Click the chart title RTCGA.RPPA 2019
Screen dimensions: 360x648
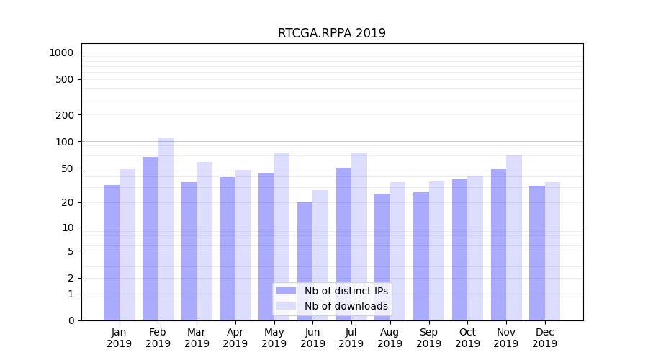point(331,33)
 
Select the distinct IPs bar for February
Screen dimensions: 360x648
point(150,238)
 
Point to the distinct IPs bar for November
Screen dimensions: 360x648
point(498,245)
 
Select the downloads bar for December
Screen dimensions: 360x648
point(552,251)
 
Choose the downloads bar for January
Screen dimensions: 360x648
point(127,245)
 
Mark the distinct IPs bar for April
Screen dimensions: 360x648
point(228,248)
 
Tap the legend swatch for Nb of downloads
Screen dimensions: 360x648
point(286,306)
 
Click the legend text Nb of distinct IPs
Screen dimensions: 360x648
point(346,291)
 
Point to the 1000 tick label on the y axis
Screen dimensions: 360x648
point(61,53)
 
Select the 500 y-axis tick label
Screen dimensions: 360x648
point(65,79)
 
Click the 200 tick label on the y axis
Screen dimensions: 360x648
point(65,115)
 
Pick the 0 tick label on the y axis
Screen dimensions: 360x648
point(71,320)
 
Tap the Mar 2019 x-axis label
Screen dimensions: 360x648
point(197,338)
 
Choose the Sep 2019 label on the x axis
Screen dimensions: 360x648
point(428,338)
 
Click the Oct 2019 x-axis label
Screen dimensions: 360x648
point(467,338)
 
